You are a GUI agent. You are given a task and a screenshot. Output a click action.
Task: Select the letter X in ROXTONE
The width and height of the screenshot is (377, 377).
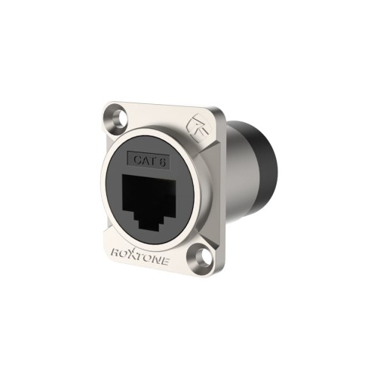pyautogui.click(x=133, y=254)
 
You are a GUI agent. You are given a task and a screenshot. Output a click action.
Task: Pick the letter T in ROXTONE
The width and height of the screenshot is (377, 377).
pyautogui.click(x=143, y=256)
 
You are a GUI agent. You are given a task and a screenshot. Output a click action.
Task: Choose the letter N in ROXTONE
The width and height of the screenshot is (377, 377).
pyautogui.click(x=162, y=259)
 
